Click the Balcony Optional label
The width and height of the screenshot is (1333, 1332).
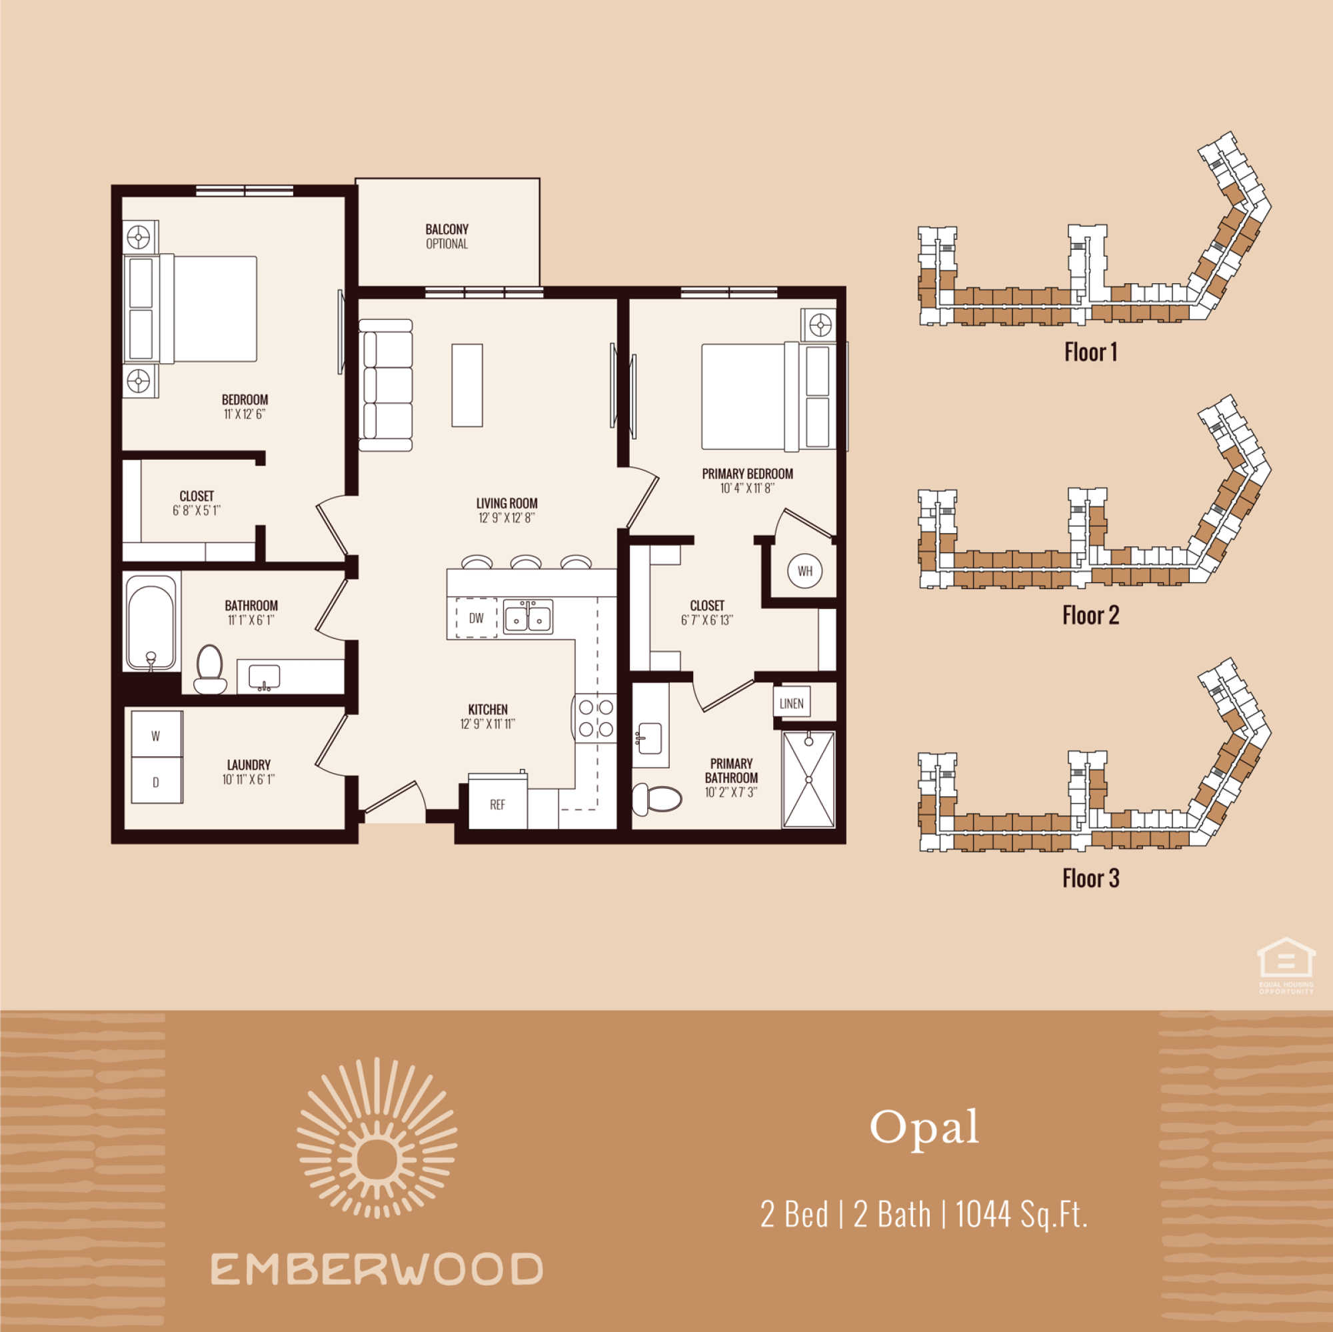[447, 236]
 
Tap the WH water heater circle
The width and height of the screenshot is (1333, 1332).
[804, 571]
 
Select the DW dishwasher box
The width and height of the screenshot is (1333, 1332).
[476, 618]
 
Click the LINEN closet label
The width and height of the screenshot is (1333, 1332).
[791, 704]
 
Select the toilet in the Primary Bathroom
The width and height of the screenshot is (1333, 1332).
[657, 799]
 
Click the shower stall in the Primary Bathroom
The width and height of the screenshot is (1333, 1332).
[808, 780]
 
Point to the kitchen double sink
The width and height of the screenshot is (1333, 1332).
[528, 616]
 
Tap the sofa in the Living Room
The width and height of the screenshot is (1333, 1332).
[386, 385]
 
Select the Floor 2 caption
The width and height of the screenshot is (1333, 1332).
[1090, 615]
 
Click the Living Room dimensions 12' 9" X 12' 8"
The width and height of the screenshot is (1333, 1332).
[507, 518]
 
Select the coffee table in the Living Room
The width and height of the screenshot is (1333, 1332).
[467, 385]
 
